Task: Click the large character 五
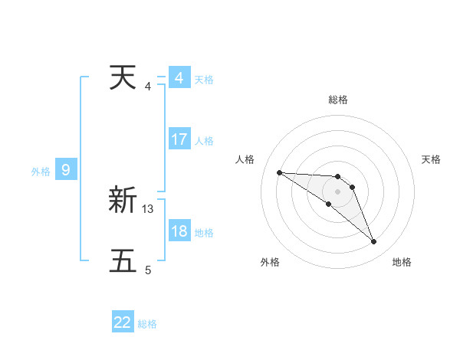[x=123, y=260]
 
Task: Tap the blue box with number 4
[x=179, y=78]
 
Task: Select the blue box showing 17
[x=179, y=139]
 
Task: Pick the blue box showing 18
[x=179, y=231]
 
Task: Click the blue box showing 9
[x=66, y=170]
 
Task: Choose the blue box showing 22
[x=123, y=322]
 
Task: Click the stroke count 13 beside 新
[x=148, y=208]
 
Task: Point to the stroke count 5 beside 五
[x=148, y=269]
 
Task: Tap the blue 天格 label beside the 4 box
[x=204, y=80]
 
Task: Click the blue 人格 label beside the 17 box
[x=204, y=141]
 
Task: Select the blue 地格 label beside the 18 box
[x=204, y=233]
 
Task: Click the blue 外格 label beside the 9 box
[x=41, y=172]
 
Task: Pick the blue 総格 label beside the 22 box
[x=147, y=324]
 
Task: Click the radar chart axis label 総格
[x=338, y=100]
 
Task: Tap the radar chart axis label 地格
[x=402, y=262]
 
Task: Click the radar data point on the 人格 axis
[x=279, y=172]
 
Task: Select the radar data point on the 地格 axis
[x=373, y=242]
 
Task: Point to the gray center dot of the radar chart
[x=338, y=191]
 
